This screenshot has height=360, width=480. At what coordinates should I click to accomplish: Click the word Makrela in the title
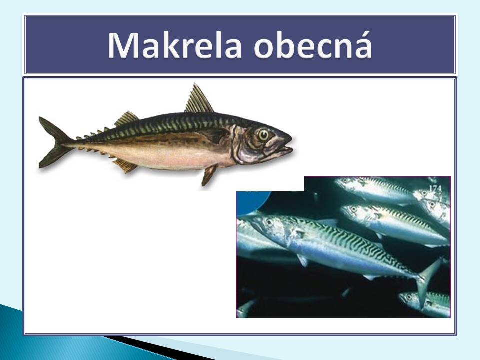pos(174,46)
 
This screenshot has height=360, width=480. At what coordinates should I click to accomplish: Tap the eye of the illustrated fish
pos(263,134)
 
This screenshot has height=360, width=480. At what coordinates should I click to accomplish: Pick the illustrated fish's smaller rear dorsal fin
pos(126,119)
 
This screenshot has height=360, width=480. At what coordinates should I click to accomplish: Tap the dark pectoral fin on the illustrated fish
pos(215,134)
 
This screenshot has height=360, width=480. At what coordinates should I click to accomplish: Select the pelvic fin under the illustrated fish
pos(209,175)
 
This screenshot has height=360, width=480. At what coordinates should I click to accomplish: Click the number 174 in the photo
pos(435,189)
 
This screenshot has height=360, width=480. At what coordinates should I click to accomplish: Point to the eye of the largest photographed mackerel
pos(269,222)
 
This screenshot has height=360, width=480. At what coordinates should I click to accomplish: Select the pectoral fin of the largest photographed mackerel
pos(303,260)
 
